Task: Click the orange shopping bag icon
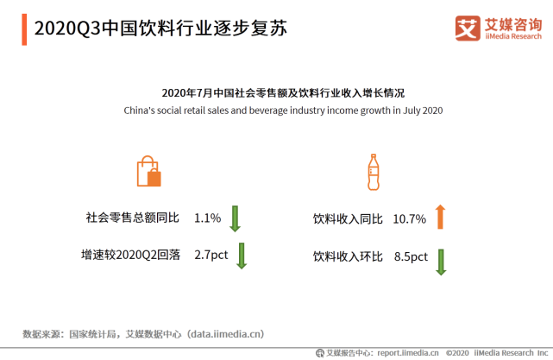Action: tap(148, 171)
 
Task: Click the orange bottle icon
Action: tap(374, 173)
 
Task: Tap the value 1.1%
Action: tap(208, 218)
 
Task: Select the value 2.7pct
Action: tap(211, 255)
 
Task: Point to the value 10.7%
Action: tap(410, 219)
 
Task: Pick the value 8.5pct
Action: tap(411, 256)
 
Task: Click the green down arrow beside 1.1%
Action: tap(235, 218)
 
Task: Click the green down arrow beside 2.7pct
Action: tap(242, 255)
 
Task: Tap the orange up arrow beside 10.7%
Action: tap(440, 217)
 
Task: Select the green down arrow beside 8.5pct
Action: tap(441, 261)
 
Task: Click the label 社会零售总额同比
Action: tap(132, 218)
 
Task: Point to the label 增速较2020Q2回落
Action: tap(130, 255)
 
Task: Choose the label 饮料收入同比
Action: tap(348, 219)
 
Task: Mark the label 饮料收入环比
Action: tap(348, 256)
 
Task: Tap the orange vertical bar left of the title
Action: tap(24, 28)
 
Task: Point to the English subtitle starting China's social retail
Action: tap(283, 111)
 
